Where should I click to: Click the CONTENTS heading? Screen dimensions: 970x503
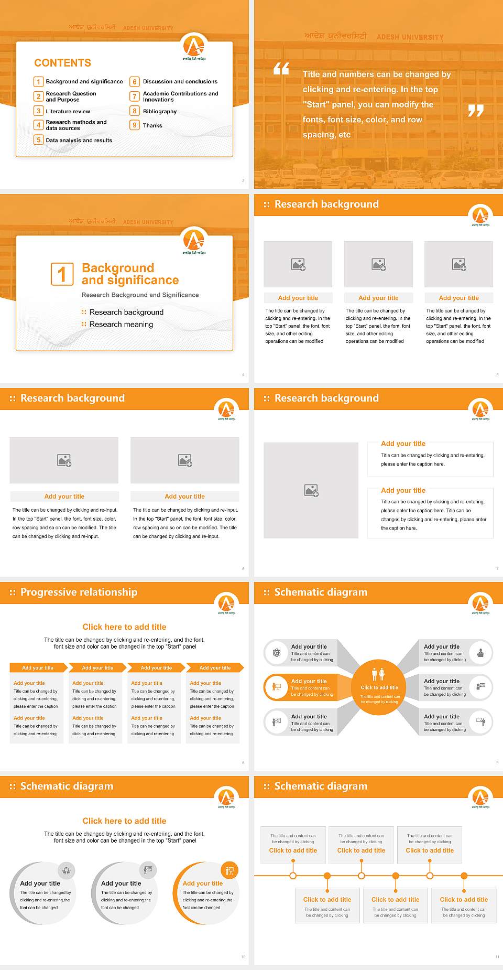[x=62, y=63]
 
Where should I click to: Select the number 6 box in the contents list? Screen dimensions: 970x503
[x=135, y=82]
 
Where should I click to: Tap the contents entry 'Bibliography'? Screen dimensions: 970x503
[x=159, y=112]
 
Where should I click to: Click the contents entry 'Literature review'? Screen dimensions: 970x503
[x=68, y=112]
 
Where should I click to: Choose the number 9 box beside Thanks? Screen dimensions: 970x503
[x=135, y=125]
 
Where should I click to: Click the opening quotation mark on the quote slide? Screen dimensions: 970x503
[x=281, y=69]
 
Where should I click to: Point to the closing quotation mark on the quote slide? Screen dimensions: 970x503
[x=475, y=110]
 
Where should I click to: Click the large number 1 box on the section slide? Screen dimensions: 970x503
[x=62, y=274]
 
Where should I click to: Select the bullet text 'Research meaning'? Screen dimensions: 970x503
[x=121, y=325]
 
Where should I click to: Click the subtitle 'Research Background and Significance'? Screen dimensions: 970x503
[x=140, y=295]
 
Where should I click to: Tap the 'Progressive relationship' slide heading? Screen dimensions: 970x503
[x=79, y=592]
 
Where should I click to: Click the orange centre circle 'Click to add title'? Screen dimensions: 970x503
[x=379, y=687]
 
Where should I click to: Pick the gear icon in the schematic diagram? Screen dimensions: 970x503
[x=276, y=652]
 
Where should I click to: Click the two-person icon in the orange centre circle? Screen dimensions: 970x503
[x=378, y=674]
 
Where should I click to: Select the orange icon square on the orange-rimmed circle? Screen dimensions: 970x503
[x=229, y=870]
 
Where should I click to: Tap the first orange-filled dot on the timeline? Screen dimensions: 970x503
[x=327, y=876]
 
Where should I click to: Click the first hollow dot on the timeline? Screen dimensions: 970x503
[x=293, y=876]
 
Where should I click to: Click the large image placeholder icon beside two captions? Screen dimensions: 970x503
[x=311, y=490]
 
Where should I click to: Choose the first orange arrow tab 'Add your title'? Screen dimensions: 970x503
[x=38, y=667]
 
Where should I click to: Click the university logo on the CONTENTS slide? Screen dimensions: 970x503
[x=194, y=46]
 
